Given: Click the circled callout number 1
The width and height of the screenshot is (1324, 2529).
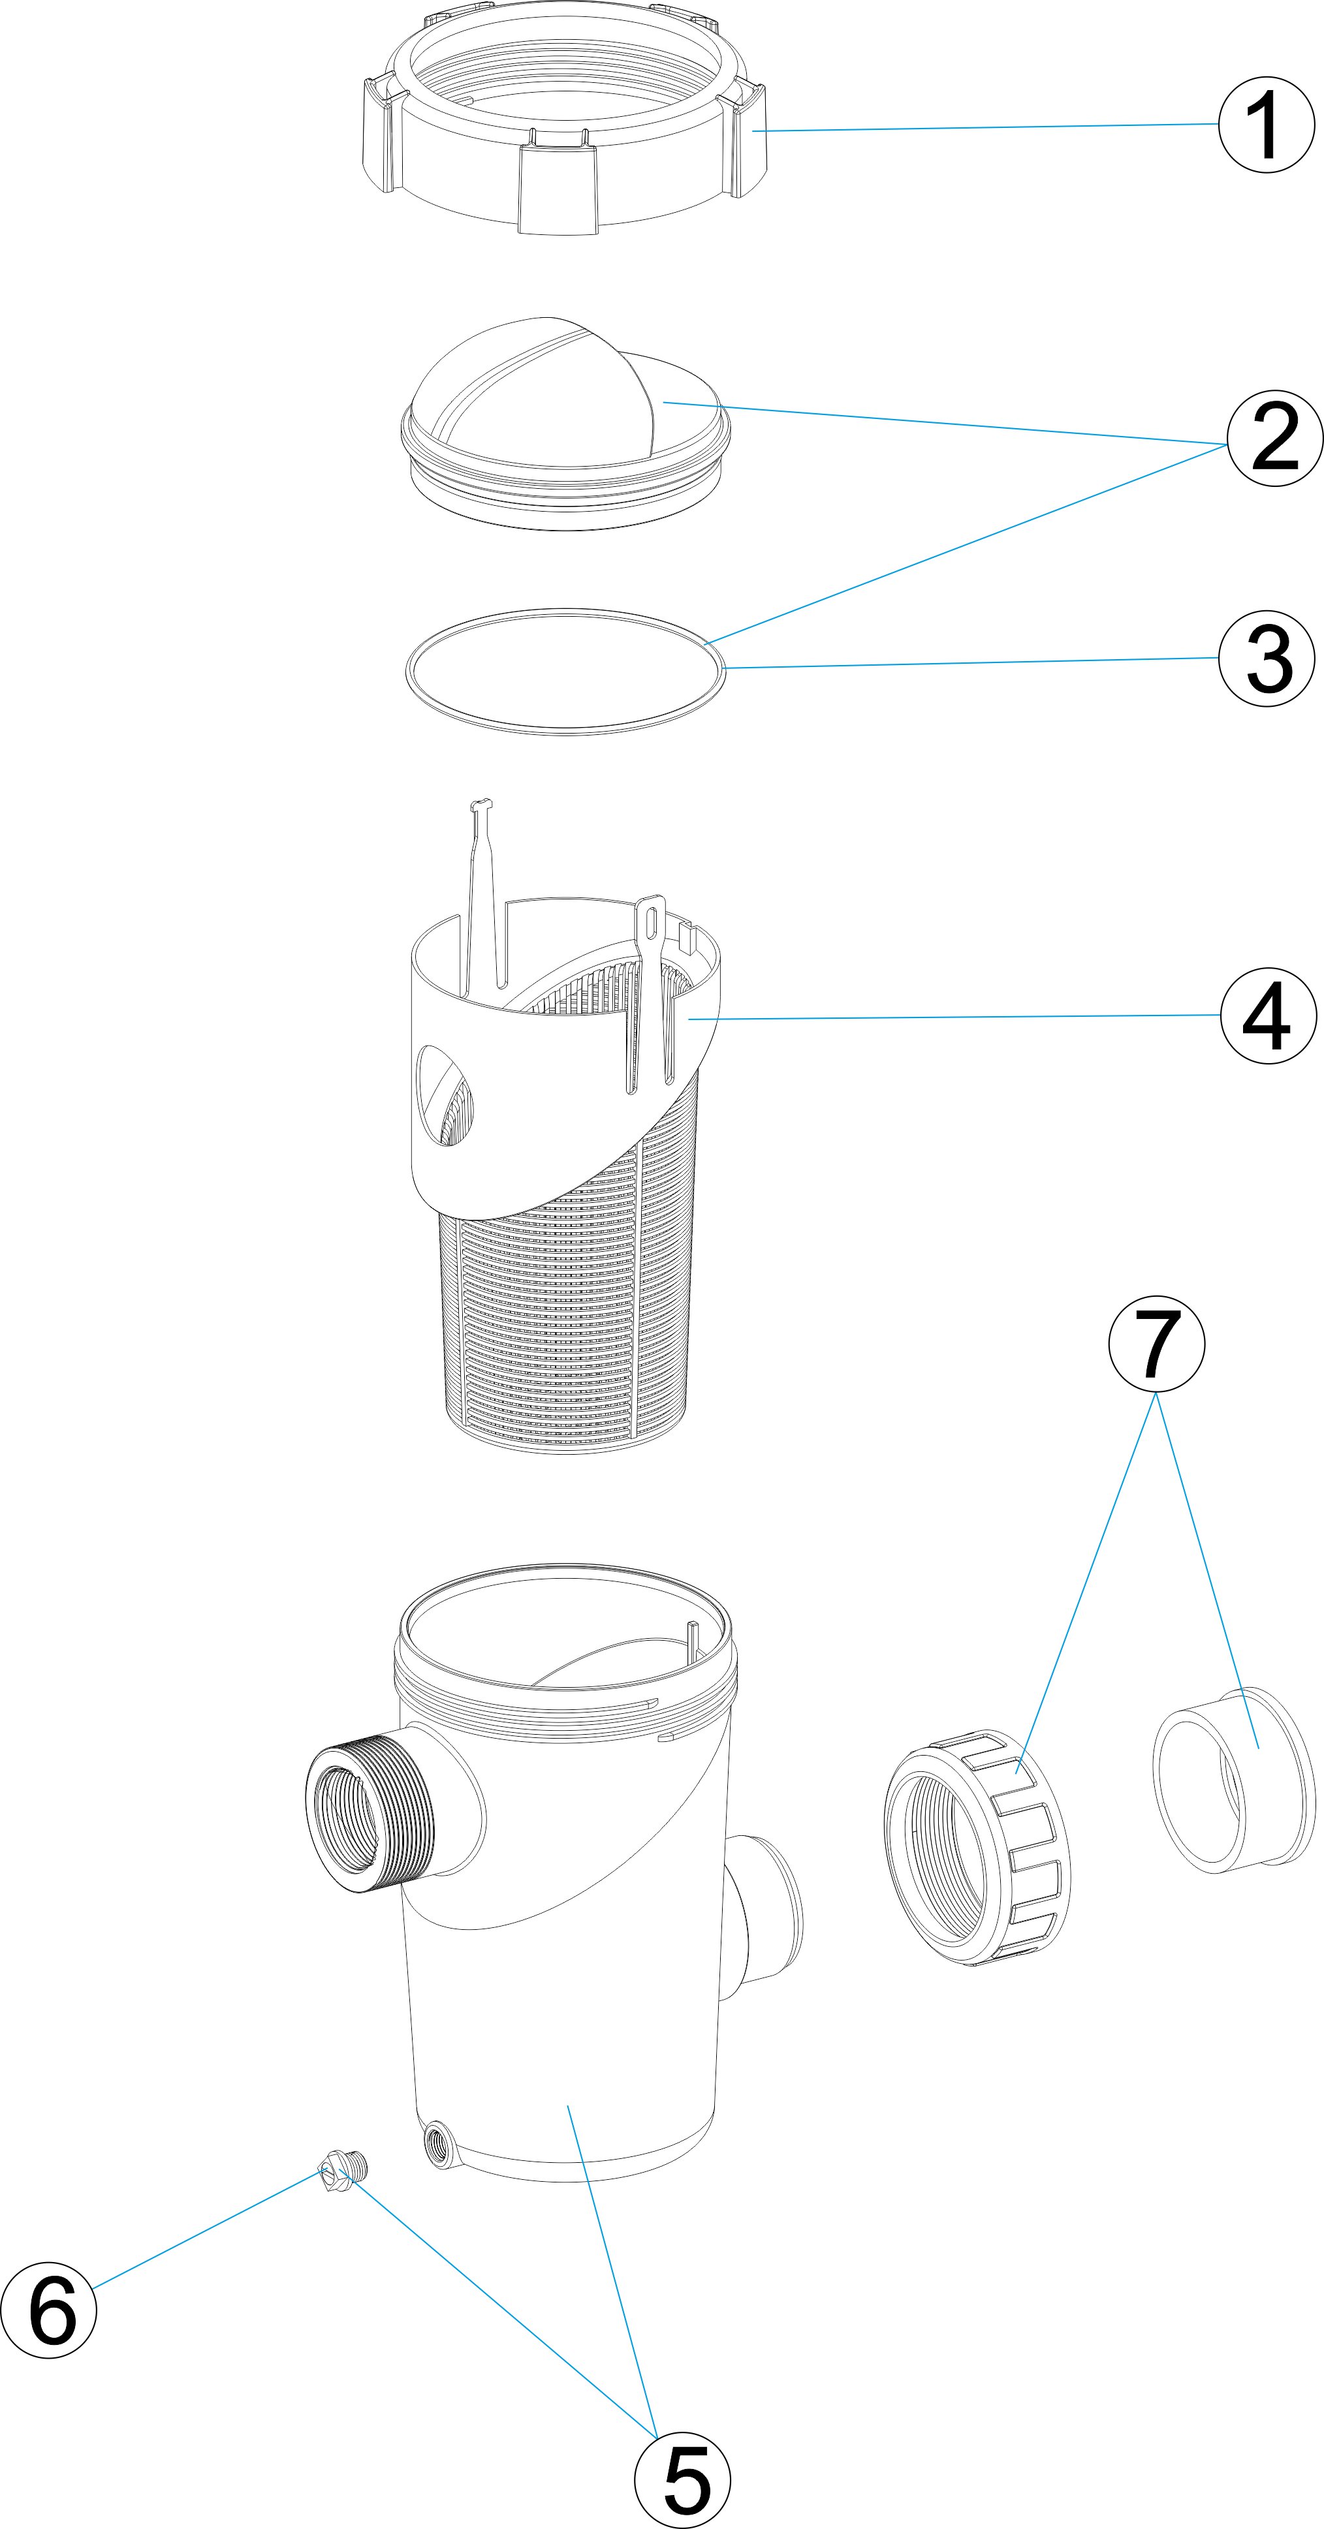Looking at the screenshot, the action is [x=1266, y=125].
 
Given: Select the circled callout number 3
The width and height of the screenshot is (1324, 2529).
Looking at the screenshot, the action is [x=1266, y=658].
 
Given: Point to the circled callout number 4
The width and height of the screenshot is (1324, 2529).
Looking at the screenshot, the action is [x=1268, y=1015].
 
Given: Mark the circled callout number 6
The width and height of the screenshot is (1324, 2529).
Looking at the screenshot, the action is [x=49, y=2309].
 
